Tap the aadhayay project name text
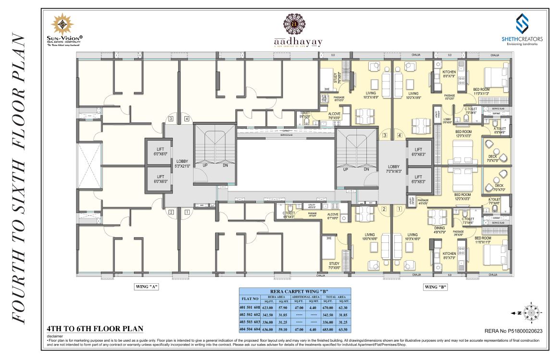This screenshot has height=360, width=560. click(298, 42)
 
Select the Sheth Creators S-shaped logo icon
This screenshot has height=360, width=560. click(522, 23)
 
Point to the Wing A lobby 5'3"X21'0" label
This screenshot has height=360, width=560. click(183, 163)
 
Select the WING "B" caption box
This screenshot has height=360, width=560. click(436, 287)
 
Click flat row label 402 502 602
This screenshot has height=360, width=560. click(249, 314)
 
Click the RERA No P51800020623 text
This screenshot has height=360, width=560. click(511, 331)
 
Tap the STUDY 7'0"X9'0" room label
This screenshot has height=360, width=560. click(335, 265)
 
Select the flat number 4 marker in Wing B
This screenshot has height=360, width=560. click(400, 136)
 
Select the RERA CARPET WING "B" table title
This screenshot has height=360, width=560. click(295, 291)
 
